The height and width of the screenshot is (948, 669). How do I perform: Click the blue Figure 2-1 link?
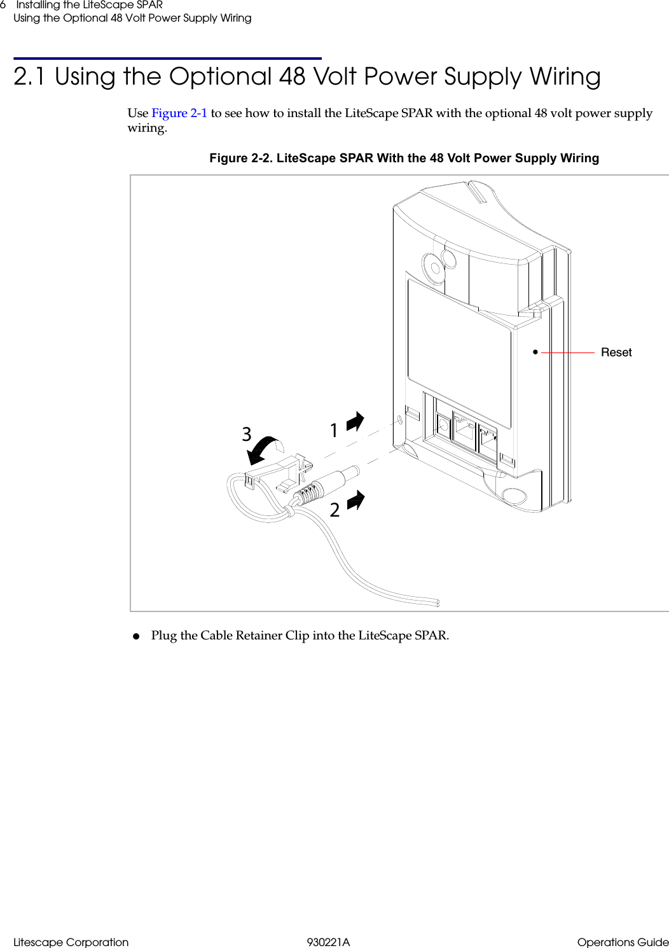pyautogui.click(x=179, y=113)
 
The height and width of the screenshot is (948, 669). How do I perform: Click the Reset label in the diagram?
pyautogui.click(x=616, y=352)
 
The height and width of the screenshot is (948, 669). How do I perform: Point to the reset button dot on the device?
pyautogui.click(x=535, y=351)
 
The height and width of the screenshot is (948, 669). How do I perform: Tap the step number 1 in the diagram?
pyautogui.click(x=333, y=431)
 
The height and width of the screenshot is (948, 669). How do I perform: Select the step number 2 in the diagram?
pyautogui.click(x=334, y=510)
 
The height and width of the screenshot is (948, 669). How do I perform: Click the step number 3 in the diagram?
pyautogui.click(x=247, y=435)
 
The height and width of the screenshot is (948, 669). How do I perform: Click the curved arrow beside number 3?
pyautogui.click(x=266, y=449)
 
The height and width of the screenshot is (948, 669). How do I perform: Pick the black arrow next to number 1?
pyautogui.click(x=355, y=421)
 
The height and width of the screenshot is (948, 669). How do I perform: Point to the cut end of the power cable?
pyautogui.click(x=437, y=603)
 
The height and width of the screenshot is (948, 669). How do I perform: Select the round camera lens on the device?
pyautogui.click(x=432, y=266)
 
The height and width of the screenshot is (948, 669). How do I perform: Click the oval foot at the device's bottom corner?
pyautogui.click(x=514, y=496)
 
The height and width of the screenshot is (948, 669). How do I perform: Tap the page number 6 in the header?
pyautogui.click(x=3, y=5)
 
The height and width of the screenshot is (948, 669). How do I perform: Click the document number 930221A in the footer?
pyautogui.click(x=328, y=942)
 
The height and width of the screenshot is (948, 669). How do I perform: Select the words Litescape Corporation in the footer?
pyautogui.click(x=71, y=942)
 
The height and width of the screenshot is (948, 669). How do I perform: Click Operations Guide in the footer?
pyautogui.click(x=623, y=942)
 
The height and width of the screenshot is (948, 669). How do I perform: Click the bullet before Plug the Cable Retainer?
pyautogui.click(x=135, y=636)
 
